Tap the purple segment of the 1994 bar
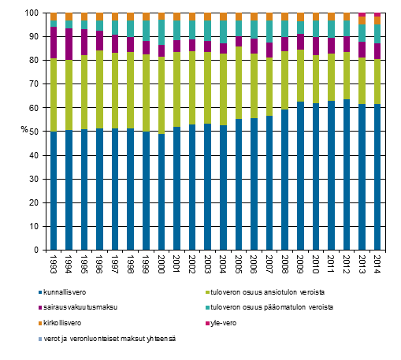tap(69, 44)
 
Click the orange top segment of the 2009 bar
tap(300, 17)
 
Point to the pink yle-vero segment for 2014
tap(377, 14)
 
